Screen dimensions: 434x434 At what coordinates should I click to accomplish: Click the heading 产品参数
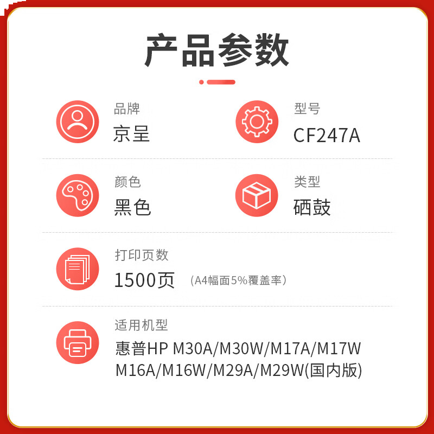click(x=217, y=50)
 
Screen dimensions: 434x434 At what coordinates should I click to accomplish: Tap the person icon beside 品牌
click(x=78, y=122)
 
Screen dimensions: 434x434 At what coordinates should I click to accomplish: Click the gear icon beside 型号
click(x=257, y=122)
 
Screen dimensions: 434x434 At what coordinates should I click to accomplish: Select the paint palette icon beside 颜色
click(x=78, y=195)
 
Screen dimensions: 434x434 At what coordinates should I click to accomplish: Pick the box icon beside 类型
click(x=257, y=195)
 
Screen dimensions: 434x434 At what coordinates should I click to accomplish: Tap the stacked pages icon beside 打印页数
click(x=78, y=269)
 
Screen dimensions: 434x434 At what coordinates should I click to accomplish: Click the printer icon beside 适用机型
click(x=78, y=342)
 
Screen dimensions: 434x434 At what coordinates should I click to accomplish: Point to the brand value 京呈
click(x=131, y=134)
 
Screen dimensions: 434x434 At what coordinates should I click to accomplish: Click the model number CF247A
click(x=327, y=135)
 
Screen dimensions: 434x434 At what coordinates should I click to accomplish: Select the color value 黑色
click(x=132, y=207)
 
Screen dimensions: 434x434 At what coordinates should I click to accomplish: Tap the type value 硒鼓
click(x=312, y=207)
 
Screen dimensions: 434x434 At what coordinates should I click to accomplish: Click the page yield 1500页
click(x=144, y=280)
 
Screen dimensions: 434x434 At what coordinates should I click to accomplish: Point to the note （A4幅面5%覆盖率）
click(x=239, y=280)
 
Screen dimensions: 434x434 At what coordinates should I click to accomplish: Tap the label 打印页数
click(x=142, y=254)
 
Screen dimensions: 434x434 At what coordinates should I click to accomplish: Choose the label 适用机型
click(x=142, y=325)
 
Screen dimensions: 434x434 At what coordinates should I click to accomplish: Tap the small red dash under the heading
click(x=221, y=82)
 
